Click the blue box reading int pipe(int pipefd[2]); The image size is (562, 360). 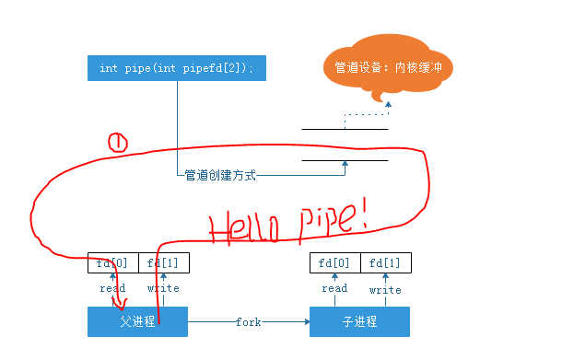(x=175, y=69)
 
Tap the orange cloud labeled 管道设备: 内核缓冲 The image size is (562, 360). (x=389, y=67)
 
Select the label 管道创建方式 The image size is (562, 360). (x=219, y=174)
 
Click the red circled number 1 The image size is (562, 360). (x=118, y=142)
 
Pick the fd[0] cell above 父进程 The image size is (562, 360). (x=112, y=263)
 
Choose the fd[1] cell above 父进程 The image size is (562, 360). (x=163, y=263)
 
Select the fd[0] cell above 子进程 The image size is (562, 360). (x=334, y=263)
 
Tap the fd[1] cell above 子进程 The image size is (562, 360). (x=385, y=263)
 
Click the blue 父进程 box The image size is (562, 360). (x=137, y=322)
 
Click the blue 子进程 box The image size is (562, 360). (x=359, y=322)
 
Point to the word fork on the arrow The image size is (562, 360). (x=249, y=322)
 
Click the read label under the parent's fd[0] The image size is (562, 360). (x=112, y=288)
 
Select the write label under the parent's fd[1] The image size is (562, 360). (x=163, y=288)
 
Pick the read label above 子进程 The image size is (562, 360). (x=334, y=288)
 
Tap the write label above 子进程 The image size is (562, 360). (x=385, y=290)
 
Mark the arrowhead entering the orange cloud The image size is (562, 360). (x=388, y=104)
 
